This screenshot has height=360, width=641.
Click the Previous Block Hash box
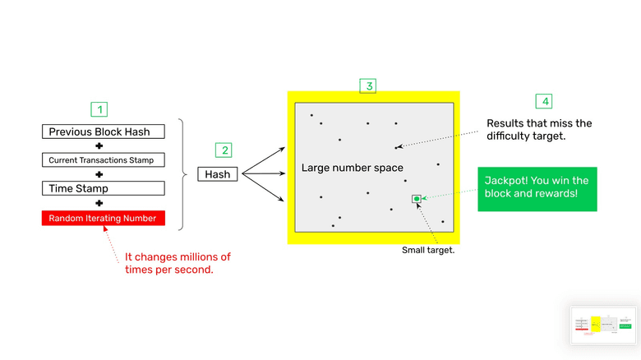pyautogui.click(x=104, y=132)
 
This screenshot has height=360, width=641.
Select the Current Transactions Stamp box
pyautogui.click(x=104, y=160)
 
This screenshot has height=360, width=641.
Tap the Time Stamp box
pyautogui.click(x=104, y=188)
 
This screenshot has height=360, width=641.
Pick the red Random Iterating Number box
pyautogui.click(x=104, y=218)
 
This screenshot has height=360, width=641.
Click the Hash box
pyautogui.click(x=217, y=174)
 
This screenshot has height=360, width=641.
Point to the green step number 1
pyautogui.click(x=99, y=109)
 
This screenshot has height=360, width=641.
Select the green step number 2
pyautogui.click(x=224, y=150)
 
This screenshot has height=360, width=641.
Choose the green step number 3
pyautogui.click(x=369, y=85)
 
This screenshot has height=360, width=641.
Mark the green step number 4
pyautogui.click(x=543, y=101)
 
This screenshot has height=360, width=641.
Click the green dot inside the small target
pyautogui.click(x=417, y=199)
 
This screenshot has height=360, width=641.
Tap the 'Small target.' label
pyautogui.click(x=428, y=250)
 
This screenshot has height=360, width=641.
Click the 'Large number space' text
pyautogui.click(x=352, y=168)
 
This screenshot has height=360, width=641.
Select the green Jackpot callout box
pyautogui.click(x=537, y=188)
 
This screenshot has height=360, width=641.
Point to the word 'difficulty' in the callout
pyautogui.click(x=512, y=136)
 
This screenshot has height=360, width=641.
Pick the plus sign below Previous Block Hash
pyautogui.click(x=99, y=146)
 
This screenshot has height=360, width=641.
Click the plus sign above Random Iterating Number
pyautogui.click(x=99, y=203)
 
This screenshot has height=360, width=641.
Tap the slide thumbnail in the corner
pyautogui.click(x=605, y=325)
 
